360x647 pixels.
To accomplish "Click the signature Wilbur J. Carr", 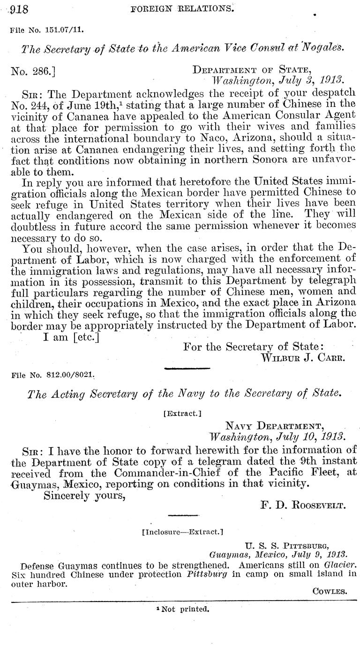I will coord(303,357).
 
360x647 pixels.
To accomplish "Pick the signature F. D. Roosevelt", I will coord(303,505).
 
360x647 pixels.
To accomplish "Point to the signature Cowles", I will coord(330,591).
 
